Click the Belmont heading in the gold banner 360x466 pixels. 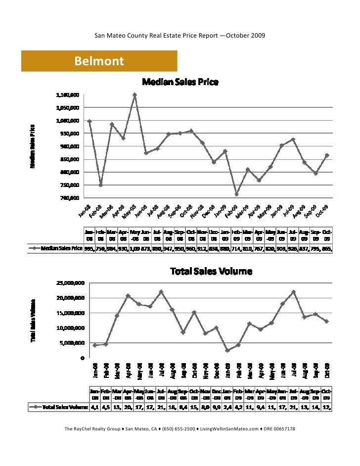(x=98, y=61)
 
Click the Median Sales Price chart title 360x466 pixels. (x=180, y=82)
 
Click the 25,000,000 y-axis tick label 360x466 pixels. (x=69, y=283)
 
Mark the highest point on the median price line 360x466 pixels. (x=135, y=94)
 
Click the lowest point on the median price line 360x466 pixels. (x=236, y=194)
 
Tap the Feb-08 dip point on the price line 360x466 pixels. (x=101, y=185)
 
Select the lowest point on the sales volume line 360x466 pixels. (x=227, y=350)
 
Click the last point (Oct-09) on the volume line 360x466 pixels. (x=327, y=321)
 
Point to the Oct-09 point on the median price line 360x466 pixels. (x=326, y=155)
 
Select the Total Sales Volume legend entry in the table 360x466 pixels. (x=59, y=408)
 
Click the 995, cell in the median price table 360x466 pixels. (x=89, y=249)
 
